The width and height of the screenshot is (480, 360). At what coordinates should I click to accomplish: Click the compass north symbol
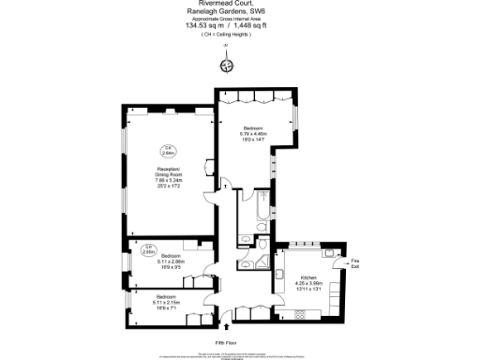pyautogui.click(x=225, y=65)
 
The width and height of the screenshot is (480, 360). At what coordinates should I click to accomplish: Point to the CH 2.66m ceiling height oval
pyautogui.click(x=148, y=249)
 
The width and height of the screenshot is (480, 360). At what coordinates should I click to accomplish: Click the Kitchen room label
pyautogui.click(x=308, y=277)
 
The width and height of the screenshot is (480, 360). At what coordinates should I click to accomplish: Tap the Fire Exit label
pyautogui.click(x=354, y=265)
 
